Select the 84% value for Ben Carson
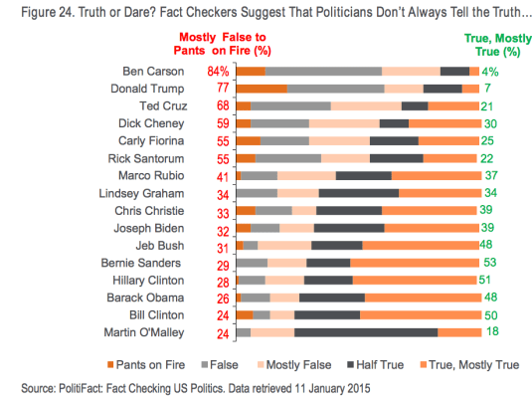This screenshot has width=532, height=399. tap(219, 72)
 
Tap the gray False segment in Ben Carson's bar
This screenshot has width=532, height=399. tap(323, 72)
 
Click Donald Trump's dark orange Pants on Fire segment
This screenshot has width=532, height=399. tap(262, 89)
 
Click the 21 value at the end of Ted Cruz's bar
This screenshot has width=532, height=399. tap(487, 105)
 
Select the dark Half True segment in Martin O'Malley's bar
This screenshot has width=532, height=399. tap(366, 332)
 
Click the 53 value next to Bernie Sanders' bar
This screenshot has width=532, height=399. tap(488, 263)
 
